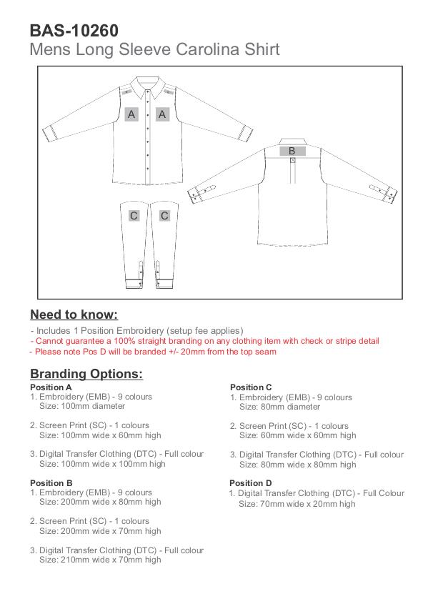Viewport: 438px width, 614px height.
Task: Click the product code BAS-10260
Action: tap(74, 31)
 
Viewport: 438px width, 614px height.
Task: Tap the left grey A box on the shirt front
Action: tap(131, 114)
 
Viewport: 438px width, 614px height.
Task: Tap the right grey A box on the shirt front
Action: tap(162, 114)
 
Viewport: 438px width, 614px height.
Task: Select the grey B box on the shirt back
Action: tap(292, 151)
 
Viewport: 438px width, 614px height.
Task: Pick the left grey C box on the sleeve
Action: tap(134, 215)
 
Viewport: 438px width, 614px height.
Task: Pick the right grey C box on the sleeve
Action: tap(164, 215)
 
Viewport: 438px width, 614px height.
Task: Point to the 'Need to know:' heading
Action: tap(74, 315)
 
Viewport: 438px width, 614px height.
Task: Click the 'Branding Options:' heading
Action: tap(86, 374)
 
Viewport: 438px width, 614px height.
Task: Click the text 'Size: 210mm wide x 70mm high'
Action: tap(100, 560)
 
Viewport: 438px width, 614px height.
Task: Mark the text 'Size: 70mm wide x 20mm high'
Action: tap(297, 504)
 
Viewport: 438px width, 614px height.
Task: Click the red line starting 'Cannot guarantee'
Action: tap(205, 341)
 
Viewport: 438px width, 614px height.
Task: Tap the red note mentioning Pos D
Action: tap(153, 352)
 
